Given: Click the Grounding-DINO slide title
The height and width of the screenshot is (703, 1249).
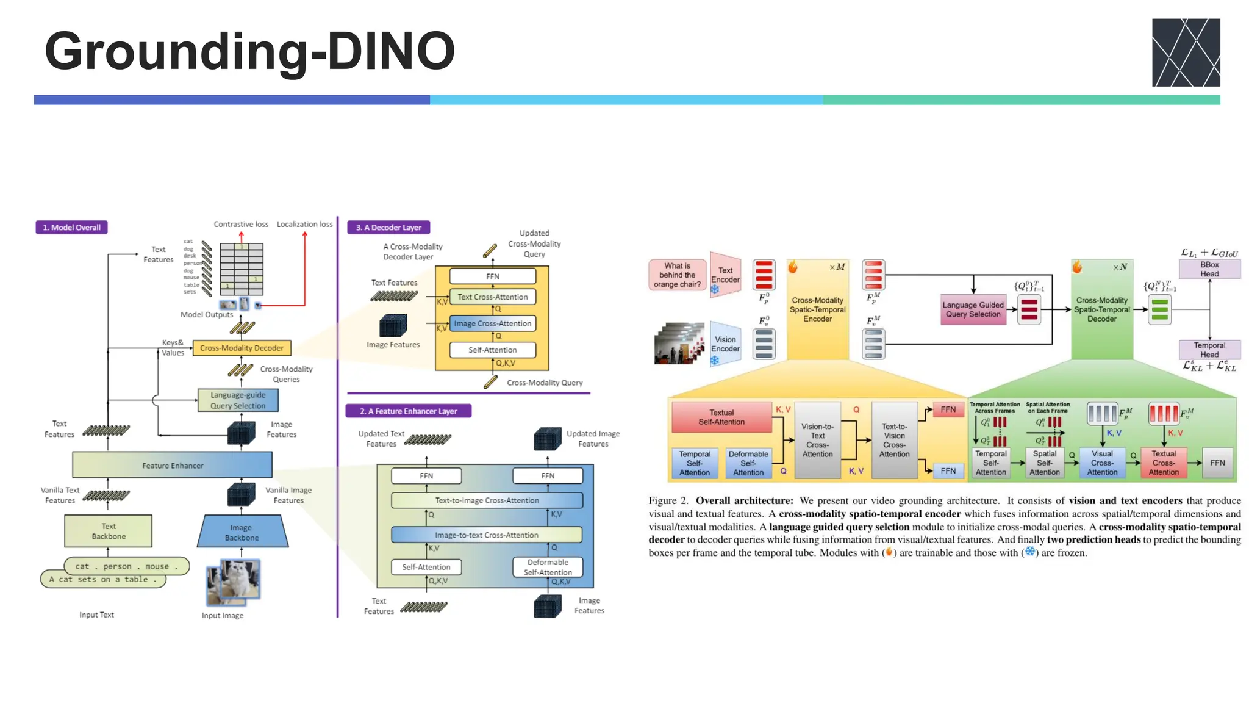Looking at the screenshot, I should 250,51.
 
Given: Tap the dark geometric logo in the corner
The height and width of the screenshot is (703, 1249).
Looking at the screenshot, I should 1185,52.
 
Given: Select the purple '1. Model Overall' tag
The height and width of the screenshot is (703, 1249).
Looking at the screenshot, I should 71,228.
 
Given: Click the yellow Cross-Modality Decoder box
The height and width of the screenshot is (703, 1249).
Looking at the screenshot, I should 242,348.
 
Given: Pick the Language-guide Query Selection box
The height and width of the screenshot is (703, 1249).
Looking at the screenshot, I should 238,400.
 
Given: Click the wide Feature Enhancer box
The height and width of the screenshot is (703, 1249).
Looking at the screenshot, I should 173,466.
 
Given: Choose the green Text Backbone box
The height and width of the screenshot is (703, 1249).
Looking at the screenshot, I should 109,531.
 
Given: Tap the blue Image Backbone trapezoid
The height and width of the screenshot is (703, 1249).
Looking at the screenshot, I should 242,532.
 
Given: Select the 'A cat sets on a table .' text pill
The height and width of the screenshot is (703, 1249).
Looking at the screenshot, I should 103,579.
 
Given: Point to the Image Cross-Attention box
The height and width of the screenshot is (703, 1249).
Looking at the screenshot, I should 492,323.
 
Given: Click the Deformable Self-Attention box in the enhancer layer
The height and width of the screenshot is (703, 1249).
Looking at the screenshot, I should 548,567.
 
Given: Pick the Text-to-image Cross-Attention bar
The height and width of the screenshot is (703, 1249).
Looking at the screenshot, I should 487,500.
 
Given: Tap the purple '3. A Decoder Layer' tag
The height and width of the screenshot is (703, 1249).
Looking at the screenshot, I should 388,228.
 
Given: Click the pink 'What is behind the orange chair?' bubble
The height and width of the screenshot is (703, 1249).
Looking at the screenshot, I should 677,275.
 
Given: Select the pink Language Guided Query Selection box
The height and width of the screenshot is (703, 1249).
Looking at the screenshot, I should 973,309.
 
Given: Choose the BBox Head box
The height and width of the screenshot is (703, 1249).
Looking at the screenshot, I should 1209,269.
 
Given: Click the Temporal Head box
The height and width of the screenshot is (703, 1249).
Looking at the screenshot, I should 1209,350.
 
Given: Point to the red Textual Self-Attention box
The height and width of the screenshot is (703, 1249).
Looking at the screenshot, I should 721,417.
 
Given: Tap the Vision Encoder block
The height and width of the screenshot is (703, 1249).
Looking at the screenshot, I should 726,344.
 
